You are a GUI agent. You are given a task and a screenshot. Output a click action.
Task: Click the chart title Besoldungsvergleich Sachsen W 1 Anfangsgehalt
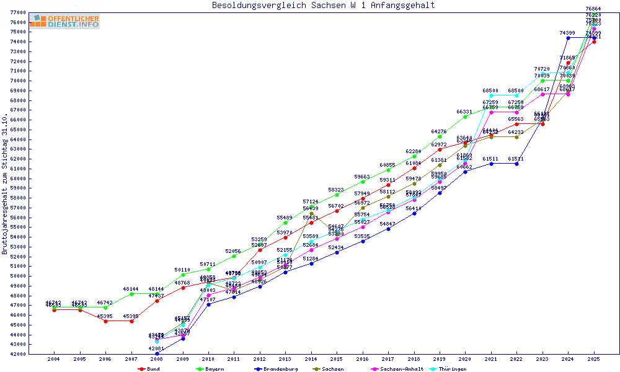click(323, 6)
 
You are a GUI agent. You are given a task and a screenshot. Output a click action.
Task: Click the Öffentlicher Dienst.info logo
click(64, 22)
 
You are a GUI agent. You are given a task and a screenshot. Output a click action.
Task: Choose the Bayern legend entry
click(209, 369)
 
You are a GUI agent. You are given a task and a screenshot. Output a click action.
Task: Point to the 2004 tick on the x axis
click(54, 359)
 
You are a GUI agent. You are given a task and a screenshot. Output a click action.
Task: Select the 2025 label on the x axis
click(594, 359)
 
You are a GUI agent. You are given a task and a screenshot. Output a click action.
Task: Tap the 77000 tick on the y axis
click(17, 12)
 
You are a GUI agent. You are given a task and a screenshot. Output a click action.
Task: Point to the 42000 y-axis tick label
click(17, 354)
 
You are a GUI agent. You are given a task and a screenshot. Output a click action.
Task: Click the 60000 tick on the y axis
click(17, 179)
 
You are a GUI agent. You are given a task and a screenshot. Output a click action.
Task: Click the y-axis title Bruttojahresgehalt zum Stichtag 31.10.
click(6, 184)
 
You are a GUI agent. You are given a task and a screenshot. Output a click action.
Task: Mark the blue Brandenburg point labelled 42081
click(157, 353)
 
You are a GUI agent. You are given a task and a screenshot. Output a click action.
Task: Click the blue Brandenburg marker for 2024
click(568, 38)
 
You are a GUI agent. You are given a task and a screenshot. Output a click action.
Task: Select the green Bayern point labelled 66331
click(466, 117)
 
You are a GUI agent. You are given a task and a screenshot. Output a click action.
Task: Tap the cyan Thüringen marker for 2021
click(491, 95)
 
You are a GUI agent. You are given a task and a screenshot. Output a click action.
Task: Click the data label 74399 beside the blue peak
click(567, 33)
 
